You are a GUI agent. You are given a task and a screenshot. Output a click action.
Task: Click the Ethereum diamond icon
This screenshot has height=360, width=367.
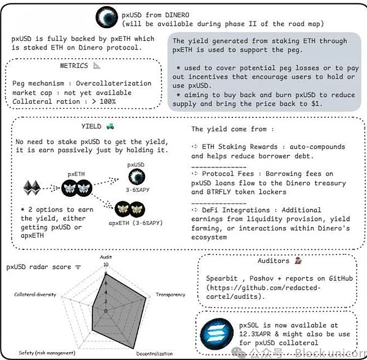(x=31, y=188)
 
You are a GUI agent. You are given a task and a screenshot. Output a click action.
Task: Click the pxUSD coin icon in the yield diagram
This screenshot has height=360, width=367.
(x=136, y=177)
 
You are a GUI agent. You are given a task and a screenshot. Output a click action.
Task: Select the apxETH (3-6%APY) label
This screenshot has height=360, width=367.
(x=135, y=223)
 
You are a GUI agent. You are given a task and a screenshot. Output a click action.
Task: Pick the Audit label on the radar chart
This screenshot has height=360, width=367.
(x=105, y=257)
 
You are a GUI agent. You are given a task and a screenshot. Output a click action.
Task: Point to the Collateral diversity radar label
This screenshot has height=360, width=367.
(x=35, y=294)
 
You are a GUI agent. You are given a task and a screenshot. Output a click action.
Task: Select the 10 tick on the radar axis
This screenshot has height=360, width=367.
(x=105, y=265)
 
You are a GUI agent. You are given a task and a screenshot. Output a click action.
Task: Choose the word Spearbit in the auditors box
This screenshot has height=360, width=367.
(x=224, y=277)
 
